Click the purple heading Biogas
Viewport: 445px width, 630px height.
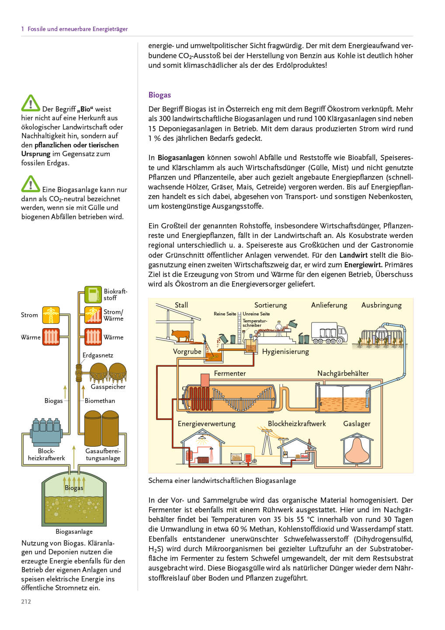(160, 95)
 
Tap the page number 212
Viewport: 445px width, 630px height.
(26, 602)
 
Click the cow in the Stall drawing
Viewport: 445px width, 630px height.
(181, 336)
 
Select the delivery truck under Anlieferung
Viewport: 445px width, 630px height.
(329, 333)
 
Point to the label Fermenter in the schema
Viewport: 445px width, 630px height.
(229, 373)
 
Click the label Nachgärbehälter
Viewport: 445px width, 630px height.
(343, 373)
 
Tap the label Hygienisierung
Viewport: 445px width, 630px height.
(285, 351)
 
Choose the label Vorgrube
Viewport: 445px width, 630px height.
(187, 351)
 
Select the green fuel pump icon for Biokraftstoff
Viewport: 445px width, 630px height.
(93, 294)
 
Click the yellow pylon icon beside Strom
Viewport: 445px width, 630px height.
(51, 315)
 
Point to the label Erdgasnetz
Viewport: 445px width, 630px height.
(98, 355)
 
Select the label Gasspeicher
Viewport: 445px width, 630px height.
(108, 387)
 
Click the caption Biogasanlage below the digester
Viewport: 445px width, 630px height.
(74, 532)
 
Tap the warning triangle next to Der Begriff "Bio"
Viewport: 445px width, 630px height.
(31, 103)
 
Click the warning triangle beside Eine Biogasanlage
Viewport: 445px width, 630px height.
(31, 184)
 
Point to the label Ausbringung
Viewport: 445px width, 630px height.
(381, 305)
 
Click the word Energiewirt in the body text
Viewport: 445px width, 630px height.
(363, 265)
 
